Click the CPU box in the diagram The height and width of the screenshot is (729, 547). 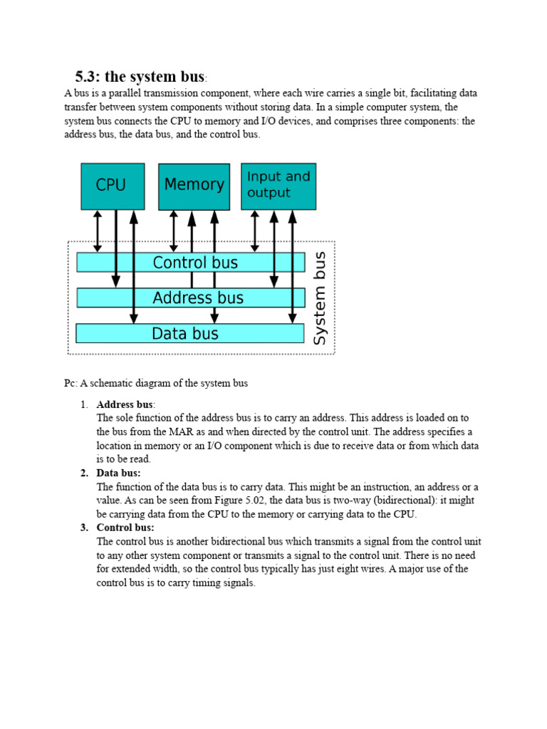coord(113,186)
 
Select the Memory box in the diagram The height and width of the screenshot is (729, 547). coord(194,186)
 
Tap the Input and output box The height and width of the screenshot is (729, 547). coord(278,186)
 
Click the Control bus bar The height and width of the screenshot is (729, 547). coord(191,263)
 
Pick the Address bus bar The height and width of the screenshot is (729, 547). coord(191,298)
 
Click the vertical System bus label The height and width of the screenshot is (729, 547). coord(321,298)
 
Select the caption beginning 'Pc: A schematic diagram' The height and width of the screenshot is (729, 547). coord(156,383)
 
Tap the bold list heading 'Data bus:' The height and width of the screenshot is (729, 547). coord(118,473)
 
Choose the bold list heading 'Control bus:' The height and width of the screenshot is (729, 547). coord(125,528)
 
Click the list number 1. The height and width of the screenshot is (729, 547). coord(84,404)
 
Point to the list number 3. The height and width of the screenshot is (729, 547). coord(84,528)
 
